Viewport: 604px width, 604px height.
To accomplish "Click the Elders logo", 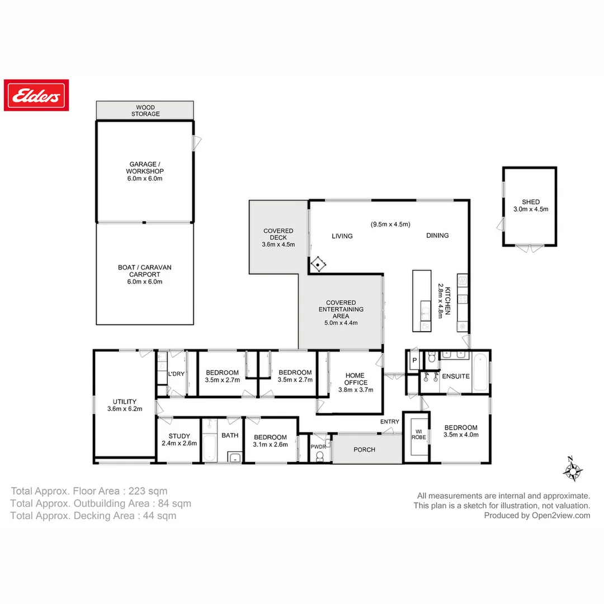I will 36,95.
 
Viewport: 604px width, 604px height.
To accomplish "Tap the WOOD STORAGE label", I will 145,110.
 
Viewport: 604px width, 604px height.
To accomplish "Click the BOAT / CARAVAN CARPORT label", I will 145,275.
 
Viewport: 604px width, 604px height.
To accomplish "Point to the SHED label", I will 531,205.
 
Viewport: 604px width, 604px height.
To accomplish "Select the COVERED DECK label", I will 278,237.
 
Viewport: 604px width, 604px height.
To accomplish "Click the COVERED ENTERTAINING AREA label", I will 341,312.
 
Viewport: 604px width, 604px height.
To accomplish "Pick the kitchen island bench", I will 422,301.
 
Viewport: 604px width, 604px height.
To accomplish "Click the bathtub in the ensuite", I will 480,372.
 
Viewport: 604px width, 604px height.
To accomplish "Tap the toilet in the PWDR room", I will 320,456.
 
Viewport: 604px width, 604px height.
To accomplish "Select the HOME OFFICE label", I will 356,383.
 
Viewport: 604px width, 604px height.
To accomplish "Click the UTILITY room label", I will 124,405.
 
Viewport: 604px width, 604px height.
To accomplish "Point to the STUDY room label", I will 179,440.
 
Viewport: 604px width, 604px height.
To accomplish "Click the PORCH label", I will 365,450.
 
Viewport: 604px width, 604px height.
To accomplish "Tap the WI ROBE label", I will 419,434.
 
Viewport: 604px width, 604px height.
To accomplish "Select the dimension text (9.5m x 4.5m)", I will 390,224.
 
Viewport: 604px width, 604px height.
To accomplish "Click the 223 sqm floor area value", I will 148,491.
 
